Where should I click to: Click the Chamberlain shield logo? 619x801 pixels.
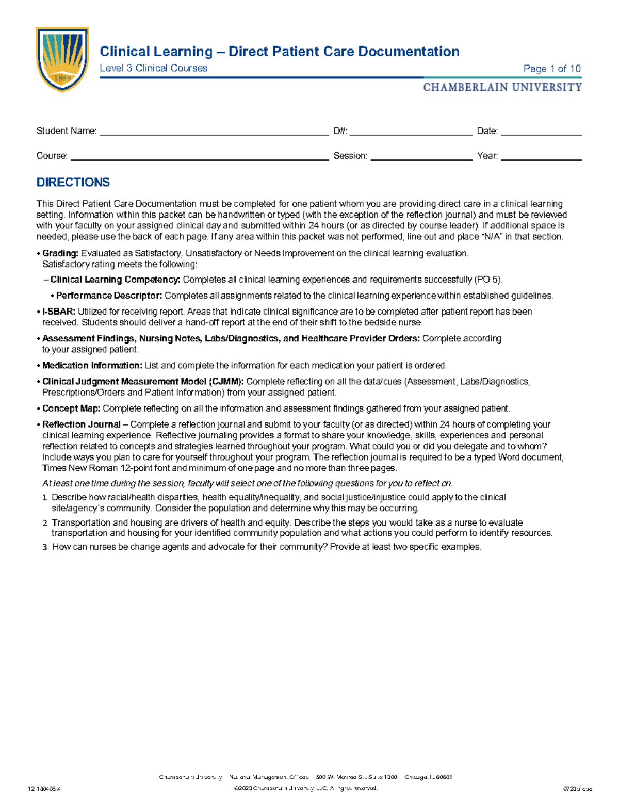pos(62,59)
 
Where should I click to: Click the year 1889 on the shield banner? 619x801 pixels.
pos(62,78)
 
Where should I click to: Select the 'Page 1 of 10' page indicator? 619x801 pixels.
pos(551,69)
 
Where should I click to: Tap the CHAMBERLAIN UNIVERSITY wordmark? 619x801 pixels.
pos(502,87)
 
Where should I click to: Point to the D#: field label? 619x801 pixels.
pos(340,131)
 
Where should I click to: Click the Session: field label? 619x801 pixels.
pos(350,156)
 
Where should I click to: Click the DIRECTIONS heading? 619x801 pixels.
pos(73,182)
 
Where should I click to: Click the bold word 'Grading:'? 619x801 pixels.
pos(60,253)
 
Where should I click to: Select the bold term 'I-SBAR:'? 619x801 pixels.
pos(59,312)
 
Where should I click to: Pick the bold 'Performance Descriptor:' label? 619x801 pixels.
pos(109,296)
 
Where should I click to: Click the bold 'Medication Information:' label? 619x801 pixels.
pos(92,365)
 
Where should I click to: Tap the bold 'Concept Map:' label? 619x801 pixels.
pos(71,408)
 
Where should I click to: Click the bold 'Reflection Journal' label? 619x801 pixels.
pos(82,424)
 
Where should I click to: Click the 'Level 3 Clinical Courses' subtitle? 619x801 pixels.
pos(153,68)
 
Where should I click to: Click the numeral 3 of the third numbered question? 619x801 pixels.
pos(45,547)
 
